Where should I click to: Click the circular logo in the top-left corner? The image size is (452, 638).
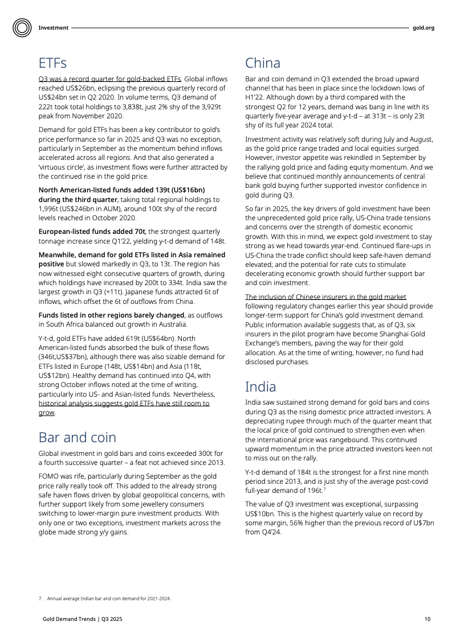[22, 27]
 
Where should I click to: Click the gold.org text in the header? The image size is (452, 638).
[424, 28]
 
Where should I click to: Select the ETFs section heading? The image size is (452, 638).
[52, 63]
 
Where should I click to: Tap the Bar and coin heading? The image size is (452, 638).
[77, 437]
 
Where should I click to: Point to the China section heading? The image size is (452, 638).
[262, 63]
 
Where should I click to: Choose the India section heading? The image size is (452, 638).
[260, 387]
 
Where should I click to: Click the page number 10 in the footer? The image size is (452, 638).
[427, 618]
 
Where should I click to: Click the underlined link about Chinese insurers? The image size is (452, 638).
[325, 297]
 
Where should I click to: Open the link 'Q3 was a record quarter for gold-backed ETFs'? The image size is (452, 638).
[109, 79]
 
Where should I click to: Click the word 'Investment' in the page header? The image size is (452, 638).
[54, 28]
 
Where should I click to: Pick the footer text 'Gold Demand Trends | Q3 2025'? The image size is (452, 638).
[82, 618]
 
